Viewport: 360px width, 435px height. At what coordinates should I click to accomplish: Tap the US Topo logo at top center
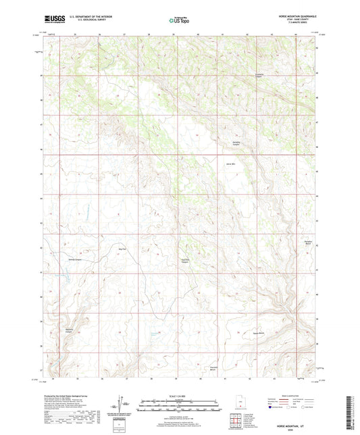point(179,21)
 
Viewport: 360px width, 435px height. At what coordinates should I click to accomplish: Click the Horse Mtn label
point(230,163)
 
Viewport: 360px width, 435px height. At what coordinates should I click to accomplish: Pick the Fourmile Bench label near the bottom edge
point(213,369)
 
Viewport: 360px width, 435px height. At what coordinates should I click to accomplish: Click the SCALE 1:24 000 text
point(179,396)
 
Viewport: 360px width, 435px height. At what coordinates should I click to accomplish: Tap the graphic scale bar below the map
point(179,407)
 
